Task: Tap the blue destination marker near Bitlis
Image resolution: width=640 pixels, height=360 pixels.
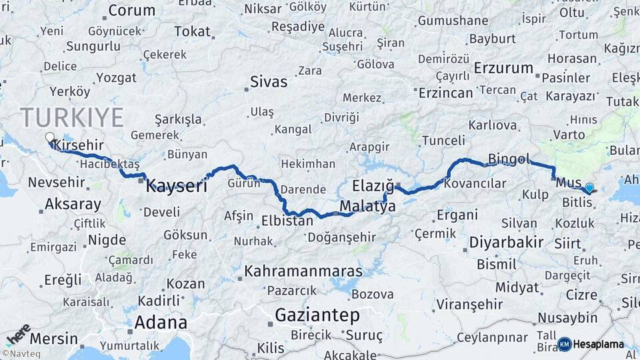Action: pos(589,189)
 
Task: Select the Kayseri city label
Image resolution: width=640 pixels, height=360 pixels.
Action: pos(177,186)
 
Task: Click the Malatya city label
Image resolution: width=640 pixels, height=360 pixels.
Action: pos(367,207)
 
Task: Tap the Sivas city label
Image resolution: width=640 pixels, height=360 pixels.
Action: pos(269,82)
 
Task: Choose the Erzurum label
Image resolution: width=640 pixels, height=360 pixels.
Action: pos(504,68)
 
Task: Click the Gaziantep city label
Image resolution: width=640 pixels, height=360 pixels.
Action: pos(317,315)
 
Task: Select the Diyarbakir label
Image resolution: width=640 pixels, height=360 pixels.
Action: pos(506,242)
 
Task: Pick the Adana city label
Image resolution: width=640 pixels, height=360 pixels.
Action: pos(161,323)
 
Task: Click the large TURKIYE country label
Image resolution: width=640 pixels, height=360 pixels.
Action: pos(72,117)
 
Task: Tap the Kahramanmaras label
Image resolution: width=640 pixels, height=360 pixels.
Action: pos(303,271)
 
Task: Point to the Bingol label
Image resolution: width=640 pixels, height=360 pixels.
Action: pos(509,159)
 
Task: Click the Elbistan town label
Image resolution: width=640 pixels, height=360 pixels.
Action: pos(287,220)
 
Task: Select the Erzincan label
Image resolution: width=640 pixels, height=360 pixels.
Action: pos(445,93)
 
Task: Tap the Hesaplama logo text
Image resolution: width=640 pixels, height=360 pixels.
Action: pos(598,344)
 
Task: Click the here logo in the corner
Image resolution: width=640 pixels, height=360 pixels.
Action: pos(17,333)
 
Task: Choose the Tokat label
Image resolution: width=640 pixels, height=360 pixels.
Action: pos(192,31)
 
